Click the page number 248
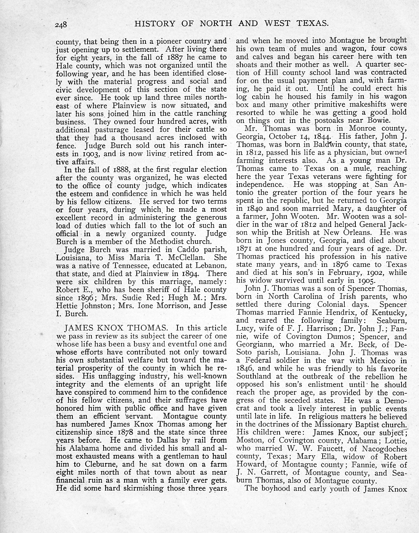[x=61, y=25]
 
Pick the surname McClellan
[x=205, y=257]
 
